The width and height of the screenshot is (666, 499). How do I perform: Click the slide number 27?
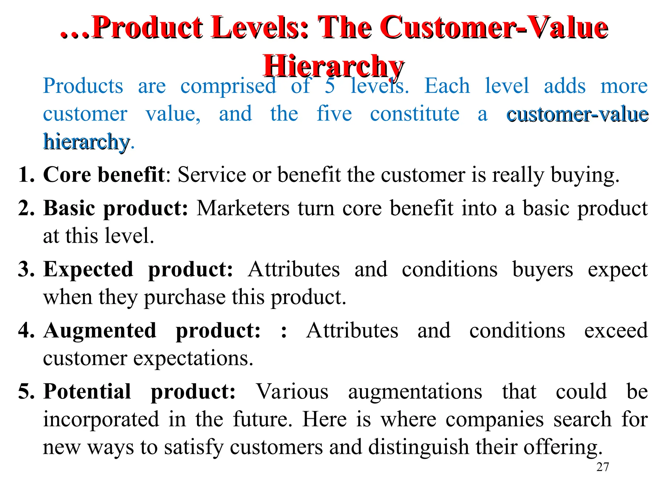click(x=603, y=467)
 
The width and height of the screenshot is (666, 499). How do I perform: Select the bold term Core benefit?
click(x=104, y=175)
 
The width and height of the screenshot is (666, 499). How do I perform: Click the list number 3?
click(x=26, y=269)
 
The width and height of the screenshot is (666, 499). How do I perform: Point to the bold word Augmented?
click(x=100, y=330)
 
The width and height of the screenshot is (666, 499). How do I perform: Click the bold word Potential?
click(x=87, y=391)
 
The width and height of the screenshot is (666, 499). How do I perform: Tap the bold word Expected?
click(x=88, y=269)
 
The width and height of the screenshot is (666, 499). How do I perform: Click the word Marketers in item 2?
click(x=243, y=208)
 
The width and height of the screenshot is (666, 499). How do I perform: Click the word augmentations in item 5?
click(x=415, y=391)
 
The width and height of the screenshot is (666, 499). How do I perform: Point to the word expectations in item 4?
click(x=193, y=358)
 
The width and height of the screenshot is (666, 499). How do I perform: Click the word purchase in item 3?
click(x=185, y=297)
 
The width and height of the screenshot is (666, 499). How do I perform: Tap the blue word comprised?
click(x=228, y=86)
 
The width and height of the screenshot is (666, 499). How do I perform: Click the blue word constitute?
click(x=415, y=114)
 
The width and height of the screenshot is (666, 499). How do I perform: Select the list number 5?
click(x=26, y=391)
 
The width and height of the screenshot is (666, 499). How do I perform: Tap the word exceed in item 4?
click(x=616, y=330)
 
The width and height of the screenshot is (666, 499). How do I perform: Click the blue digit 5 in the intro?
click(x=330, y=86)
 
